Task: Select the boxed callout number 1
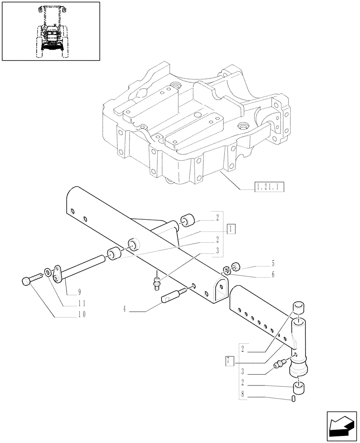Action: [231, 229]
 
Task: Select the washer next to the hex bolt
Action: [47, 271]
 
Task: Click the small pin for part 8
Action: [294, 400]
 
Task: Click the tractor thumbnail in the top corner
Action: [51, 31]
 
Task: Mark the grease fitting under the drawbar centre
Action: [156, 282]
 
